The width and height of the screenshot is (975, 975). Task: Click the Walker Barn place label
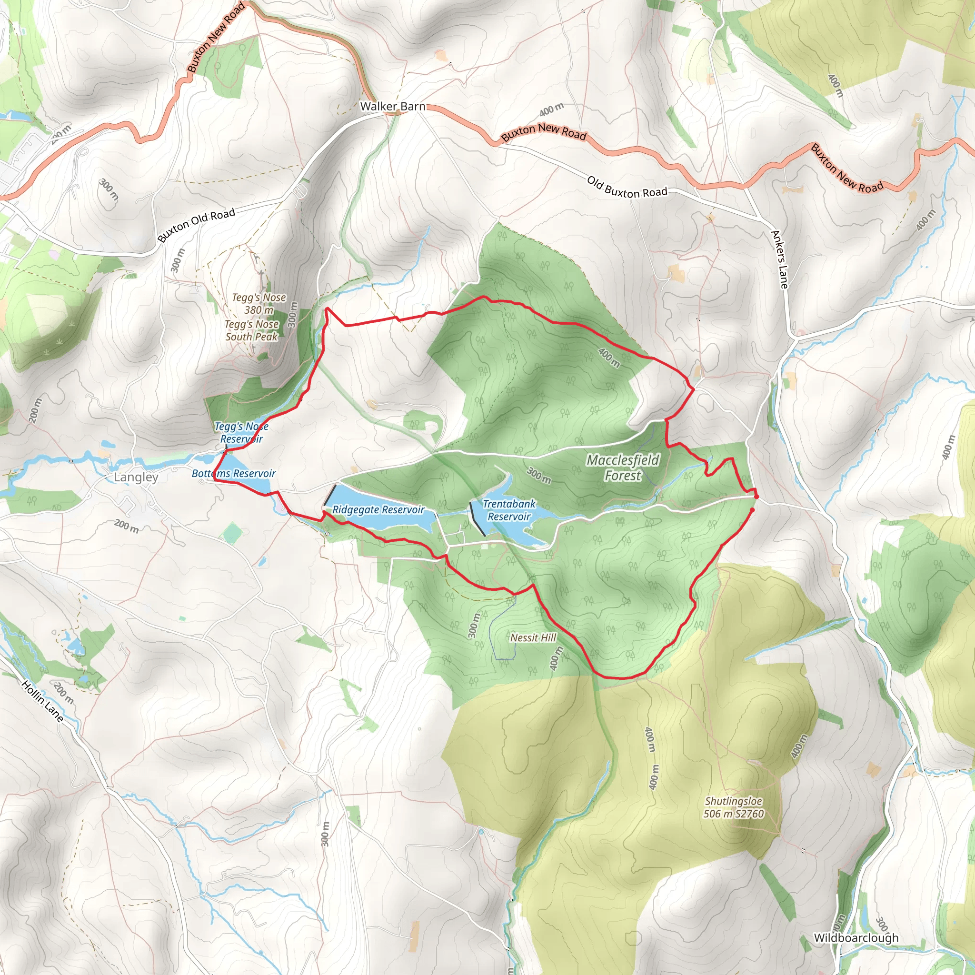pyautogui.click(x=393, y=107)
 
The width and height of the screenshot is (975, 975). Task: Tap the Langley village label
pyautogui.click(x=136, y=477)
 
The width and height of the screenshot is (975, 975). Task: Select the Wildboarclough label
pyautogui.click(x=856, y=938)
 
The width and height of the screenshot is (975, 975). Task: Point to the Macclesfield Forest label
pyautogui.click(x=623, y=468)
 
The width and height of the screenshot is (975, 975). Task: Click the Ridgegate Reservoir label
pyautogui.click(x=378, y=510)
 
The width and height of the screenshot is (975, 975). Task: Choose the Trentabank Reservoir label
pyautogui.click(x=509, y=510)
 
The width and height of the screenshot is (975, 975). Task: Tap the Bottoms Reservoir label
pyautogui.click(x=234, y=473)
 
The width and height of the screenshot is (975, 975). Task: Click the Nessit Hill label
pyautogui.click(x=533, y=637)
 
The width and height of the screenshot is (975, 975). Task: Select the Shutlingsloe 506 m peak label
pyautogui.click(x=733, y=807)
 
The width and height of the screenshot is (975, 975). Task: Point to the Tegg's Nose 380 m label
pyautogui.click(x=259, y=304)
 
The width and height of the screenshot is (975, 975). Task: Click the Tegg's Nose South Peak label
pyautogui.click(x=252, y=330)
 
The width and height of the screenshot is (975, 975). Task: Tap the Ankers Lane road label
pyautogui.click(x=780, y=259)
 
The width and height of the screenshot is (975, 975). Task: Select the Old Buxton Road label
pyautogui.click(x=627, y=187)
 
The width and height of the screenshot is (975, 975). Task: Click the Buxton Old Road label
pyautogui.click(x=196, y=225)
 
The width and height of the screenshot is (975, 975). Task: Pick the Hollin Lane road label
pyautogui.click(x=43, y=701)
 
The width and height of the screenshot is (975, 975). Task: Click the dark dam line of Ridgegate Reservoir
pyautogui.click(x=330, y=496)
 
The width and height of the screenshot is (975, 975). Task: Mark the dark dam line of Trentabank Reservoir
pyautogui.click(x=478, y=519)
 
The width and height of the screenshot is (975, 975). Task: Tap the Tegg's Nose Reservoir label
pyautogui.click(x=241, y=432)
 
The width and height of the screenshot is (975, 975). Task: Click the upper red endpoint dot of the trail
pyautogui.click(x=756, y=497)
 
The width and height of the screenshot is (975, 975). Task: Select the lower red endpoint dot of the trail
pyautogui.click(x=752, y=510)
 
